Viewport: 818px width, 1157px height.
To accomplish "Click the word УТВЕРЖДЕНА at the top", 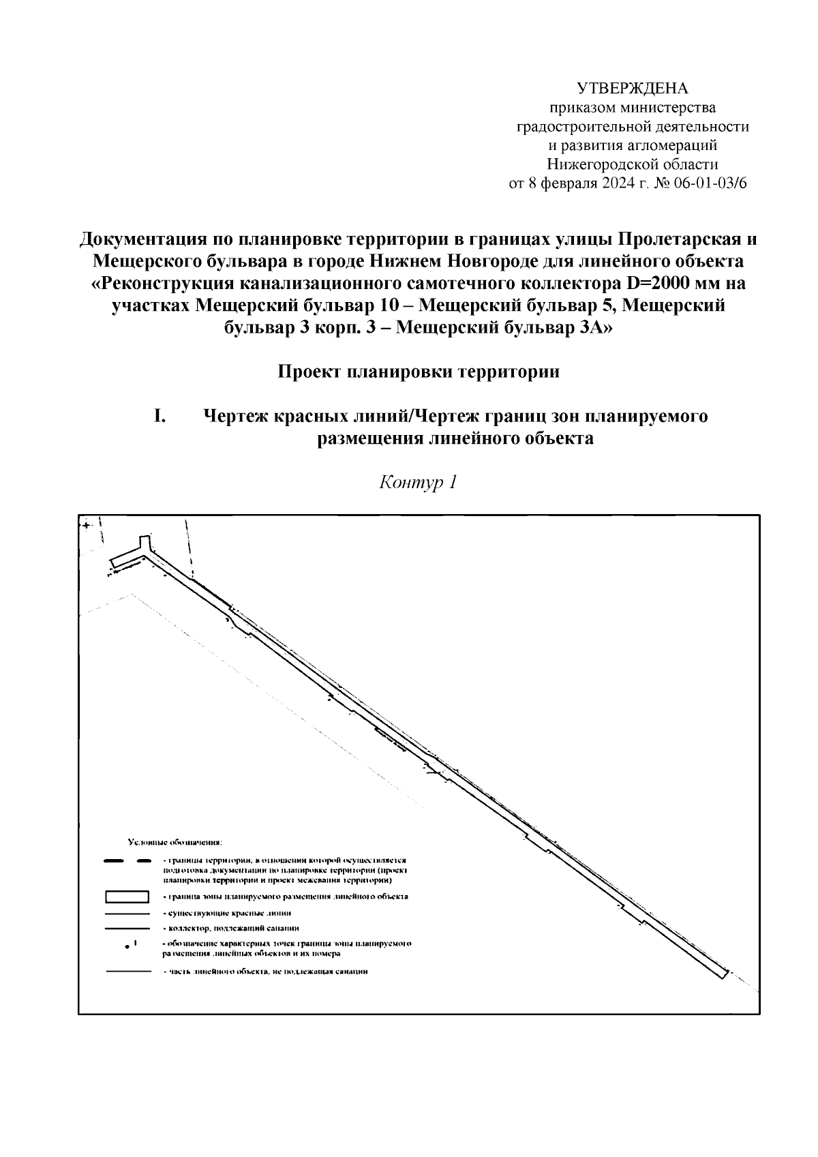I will (633, 89).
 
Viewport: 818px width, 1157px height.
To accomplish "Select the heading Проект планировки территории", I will (419, 372).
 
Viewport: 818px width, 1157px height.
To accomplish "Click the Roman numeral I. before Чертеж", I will (161, 416).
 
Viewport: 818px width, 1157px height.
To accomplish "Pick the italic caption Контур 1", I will (417, 483).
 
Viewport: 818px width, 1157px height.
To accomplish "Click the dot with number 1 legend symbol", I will (127, 946).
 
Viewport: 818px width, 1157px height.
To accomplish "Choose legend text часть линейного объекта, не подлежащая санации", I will (267, 972).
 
